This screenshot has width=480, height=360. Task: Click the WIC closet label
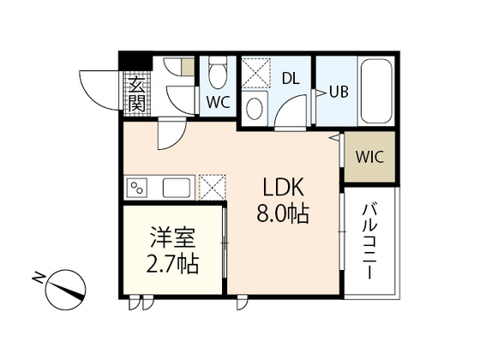369,159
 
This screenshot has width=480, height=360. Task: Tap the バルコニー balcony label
369,243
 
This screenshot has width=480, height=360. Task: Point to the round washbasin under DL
254,108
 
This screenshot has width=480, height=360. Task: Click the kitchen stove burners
137,187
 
